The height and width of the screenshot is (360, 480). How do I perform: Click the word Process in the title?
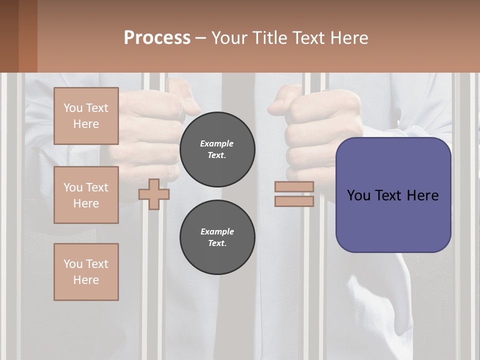[x=157, y=37]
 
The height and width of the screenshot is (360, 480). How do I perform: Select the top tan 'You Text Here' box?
[x=86, y=116]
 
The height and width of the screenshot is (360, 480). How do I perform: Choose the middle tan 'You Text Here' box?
[x=86, y=195]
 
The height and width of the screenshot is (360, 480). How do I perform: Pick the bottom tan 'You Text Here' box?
[x=86, y=271]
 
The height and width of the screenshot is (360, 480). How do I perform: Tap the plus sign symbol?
[x=154, y=194]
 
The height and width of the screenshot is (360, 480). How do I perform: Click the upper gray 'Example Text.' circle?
[x=217, y=149]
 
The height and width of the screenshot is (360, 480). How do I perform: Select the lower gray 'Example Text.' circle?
[x=217, y=237]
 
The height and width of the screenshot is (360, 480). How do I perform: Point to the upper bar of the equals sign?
[x=294, y=186]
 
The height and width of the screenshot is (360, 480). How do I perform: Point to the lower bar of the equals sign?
[x=294, y=201]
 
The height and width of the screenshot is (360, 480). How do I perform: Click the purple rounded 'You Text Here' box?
[x=393, y=195]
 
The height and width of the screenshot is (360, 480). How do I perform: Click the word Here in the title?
[x=350, y=37]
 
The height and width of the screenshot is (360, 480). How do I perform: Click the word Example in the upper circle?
[x=216, y=143]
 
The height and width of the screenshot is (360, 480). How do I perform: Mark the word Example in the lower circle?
[x=217, y=231]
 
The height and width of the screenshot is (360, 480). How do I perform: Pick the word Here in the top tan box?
[x=86, y=124]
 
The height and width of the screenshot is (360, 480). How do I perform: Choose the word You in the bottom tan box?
[x=73, y=263]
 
